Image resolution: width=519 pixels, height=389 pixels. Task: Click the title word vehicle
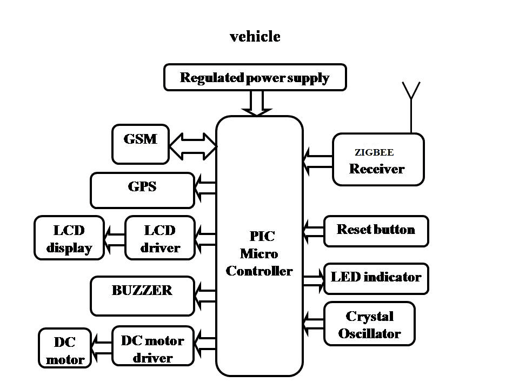click(255, 37)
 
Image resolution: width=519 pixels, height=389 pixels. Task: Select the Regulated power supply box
click(255, 77)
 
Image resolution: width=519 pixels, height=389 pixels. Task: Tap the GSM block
click(141, 144)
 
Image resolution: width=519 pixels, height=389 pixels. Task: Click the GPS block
click(142, 190)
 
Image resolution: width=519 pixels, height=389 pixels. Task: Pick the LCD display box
click(69, 238)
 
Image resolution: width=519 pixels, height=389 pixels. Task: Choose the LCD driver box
click(159, 238)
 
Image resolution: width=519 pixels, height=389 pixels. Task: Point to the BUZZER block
click(142, 296)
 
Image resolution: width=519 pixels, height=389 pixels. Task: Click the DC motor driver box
click(152, 346)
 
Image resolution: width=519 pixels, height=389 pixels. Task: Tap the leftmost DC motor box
click(64, 350)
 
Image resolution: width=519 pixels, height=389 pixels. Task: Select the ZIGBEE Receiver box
click(378, 159)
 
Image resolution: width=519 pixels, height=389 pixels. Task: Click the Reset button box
click(376, 231)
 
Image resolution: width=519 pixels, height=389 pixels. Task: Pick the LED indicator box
click(376, 278)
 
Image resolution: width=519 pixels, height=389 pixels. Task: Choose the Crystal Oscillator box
click(370, 324)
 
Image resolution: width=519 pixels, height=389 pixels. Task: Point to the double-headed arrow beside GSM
click(192, 146)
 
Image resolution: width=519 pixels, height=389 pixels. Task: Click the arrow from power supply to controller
click(256, 103)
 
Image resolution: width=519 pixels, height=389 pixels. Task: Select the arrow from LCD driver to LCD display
click(114, 238)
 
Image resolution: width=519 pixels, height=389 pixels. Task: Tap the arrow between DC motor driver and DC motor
click(101, 346)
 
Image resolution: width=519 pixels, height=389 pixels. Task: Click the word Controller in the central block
click(259, 271)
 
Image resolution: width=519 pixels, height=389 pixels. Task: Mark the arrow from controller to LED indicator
click(313, 279)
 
